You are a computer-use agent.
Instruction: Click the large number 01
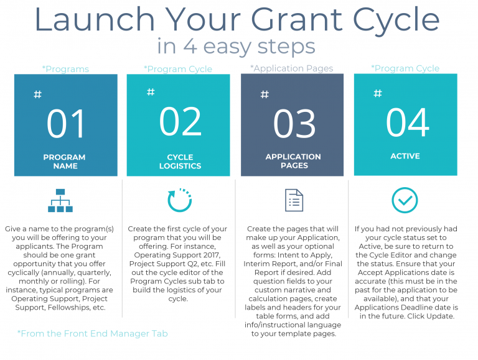point(66,124)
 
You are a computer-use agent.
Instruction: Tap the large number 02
point(180,121)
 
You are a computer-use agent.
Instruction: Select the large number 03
point(294,123)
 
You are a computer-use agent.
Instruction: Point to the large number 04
point(408,122)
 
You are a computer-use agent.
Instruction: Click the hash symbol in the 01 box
point(37,95)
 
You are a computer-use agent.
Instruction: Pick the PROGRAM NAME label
point(65,162)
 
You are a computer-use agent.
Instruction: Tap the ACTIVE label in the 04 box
point(405,156)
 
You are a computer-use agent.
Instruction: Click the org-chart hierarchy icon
point(61,200)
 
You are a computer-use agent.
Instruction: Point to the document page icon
point(294,200)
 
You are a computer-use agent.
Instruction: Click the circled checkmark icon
point(405,200)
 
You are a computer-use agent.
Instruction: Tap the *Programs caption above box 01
point(65,69)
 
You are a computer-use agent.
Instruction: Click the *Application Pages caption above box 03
point(292,68)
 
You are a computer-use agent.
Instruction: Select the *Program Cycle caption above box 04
point(405,68)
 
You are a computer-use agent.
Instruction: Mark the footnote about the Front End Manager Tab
point(93,334)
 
